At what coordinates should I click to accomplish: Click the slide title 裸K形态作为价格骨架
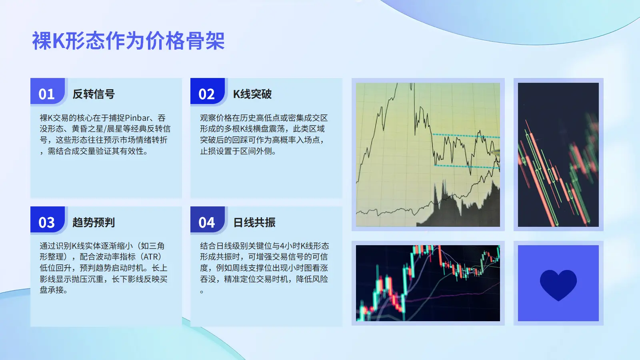pos(128,41)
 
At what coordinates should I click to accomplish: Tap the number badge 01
pos(48,92)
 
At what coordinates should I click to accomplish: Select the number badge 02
pos(208,92)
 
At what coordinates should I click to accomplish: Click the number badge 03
pos(48,220)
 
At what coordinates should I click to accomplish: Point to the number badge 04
pos(208,220)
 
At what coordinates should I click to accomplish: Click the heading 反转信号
pos(94,94)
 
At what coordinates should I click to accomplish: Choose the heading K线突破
pos(252,94)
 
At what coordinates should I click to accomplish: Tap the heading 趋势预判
pos(94,222)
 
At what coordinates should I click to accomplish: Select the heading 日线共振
pos(254,222)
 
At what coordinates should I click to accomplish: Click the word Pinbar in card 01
pos(137,118)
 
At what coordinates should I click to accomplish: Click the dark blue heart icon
pos(558,284)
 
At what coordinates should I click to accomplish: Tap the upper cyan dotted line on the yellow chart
pos(466,136)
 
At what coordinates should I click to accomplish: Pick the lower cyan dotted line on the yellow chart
pos(467,166)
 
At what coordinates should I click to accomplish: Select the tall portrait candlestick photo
pos(558,154)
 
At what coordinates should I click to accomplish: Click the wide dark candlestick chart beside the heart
pos(428,283)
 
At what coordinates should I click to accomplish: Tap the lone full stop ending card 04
pos(202,292)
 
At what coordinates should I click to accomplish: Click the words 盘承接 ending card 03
pos(54,290)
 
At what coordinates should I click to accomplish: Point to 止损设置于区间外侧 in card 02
pos(238,151)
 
